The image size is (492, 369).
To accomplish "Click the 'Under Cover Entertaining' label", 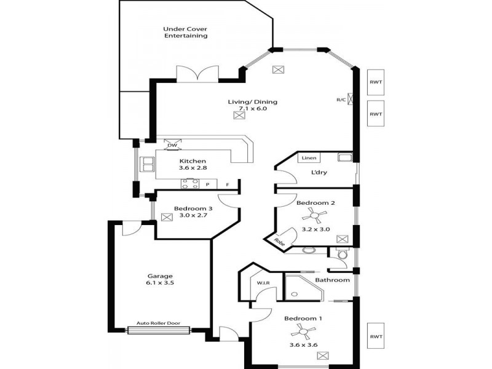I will click(x=185, y=32).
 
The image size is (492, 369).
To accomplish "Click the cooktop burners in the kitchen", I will click(x=189, y=183).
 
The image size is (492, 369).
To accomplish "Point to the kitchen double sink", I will click(x=148, y=164).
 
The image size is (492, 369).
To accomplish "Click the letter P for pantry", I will click(x=208, y=184).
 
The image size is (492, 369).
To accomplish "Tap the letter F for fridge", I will click(x=228, y=184).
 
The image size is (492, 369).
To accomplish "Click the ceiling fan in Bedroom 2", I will click(x=316, y=216).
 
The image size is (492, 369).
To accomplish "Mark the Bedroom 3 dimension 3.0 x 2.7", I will click(x=193, y=216).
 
